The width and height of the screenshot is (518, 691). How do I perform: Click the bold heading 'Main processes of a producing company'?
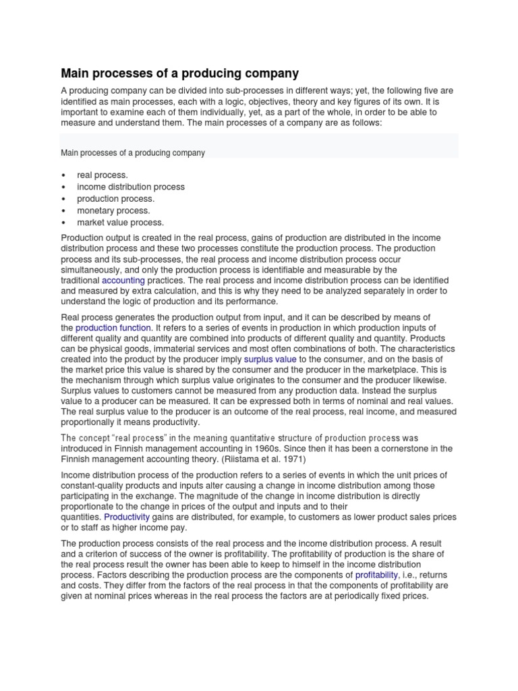click(x=179, y=73)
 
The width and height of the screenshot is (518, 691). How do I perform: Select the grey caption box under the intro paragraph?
click(x=260, y=146)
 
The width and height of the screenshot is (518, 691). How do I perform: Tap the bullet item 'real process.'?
click(x=102, y=175)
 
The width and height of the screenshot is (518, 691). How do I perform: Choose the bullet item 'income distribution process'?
click(x=130, y=187)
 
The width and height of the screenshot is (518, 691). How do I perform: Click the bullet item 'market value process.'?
click(x=120, y=222)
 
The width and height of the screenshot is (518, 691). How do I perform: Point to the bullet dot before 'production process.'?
click(x=63, y=199)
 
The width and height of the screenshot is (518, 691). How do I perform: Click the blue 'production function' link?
click(x=114, y=327)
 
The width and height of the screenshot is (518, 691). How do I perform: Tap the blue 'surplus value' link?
click(x=270, y=360)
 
